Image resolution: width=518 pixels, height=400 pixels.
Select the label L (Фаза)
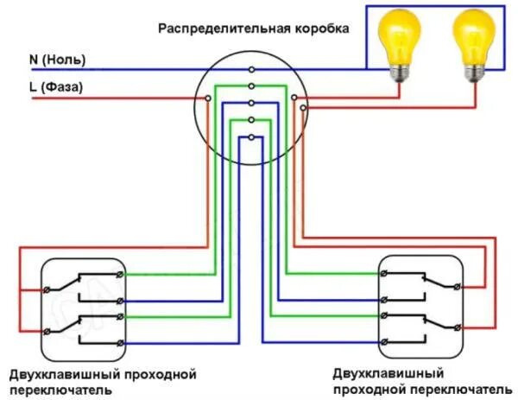(56, 86)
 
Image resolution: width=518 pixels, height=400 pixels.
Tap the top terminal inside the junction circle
(251, 68)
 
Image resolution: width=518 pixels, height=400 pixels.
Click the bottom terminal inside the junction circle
(251, 137)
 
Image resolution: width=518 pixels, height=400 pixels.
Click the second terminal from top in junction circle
(251, 86)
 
